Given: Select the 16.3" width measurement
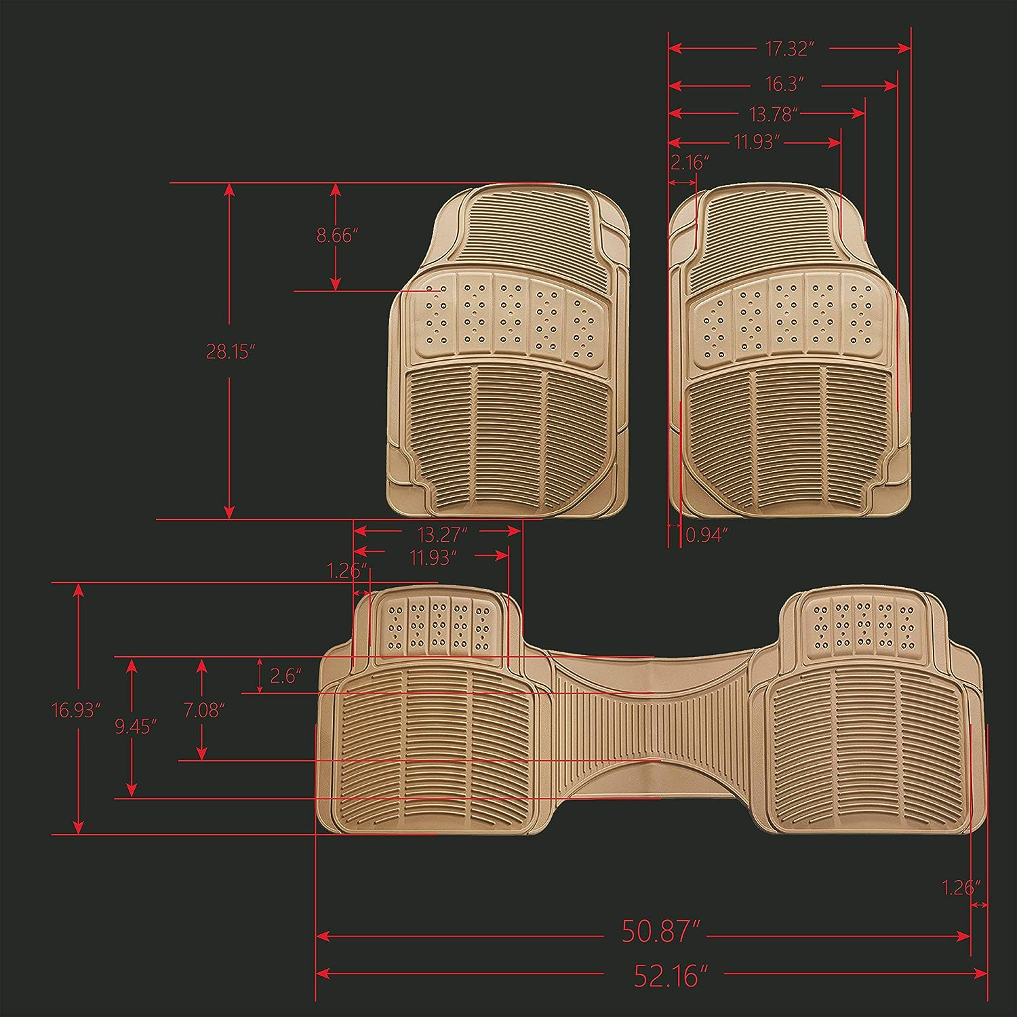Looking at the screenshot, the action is click(784, 85).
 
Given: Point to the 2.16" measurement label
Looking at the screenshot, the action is click(690, 163).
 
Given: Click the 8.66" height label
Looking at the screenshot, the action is click(338, 236).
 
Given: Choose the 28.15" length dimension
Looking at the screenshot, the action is click(230, 351).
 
